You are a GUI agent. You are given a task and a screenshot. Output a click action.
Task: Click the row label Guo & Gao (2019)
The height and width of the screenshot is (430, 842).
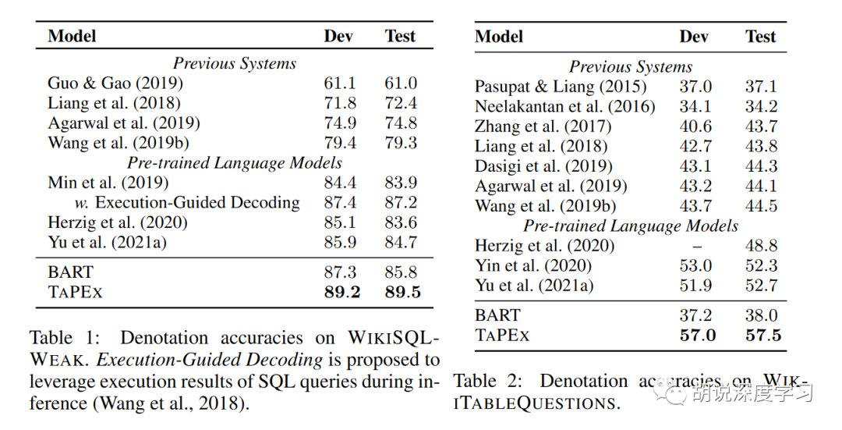pos(115,83)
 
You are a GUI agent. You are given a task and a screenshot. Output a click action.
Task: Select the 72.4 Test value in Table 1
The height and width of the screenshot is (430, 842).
pos(401,102)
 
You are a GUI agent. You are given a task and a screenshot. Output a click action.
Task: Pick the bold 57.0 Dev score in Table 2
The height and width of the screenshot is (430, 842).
pos(695,335)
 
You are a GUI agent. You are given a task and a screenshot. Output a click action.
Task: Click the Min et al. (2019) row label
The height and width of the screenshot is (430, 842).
pos(108,182)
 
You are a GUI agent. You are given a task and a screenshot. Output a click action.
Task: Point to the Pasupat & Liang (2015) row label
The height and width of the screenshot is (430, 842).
pos(561,87)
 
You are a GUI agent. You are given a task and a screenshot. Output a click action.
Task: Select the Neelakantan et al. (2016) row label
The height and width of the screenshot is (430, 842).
pos(565,106)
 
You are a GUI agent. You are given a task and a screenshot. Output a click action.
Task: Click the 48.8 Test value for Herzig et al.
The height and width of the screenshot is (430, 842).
pos(761,245)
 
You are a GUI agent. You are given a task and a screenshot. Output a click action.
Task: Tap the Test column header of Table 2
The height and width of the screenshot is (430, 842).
pos(761,36)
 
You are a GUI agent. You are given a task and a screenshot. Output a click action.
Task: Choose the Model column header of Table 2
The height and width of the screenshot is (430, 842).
pos(499,36)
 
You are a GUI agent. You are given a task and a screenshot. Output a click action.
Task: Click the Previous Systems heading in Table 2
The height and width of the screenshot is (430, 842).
pos(631,66)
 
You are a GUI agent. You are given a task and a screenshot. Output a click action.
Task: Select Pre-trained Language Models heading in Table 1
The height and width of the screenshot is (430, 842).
pos(235,162)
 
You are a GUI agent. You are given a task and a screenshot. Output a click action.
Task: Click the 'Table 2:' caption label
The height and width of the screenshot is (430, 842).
pos(486,381)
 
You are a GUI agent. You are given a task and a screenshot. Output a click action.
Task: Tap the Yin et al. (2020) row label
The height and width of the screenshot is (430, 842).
pos(533,265)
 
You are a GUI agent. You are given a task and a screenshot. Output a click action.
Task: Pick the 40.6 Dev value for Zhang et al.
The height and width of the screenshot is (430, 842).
pos(695,126)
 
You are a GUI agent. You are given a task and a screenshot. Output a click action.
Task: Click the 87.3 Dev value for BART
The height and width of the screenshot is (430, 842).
pos(340,272)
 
